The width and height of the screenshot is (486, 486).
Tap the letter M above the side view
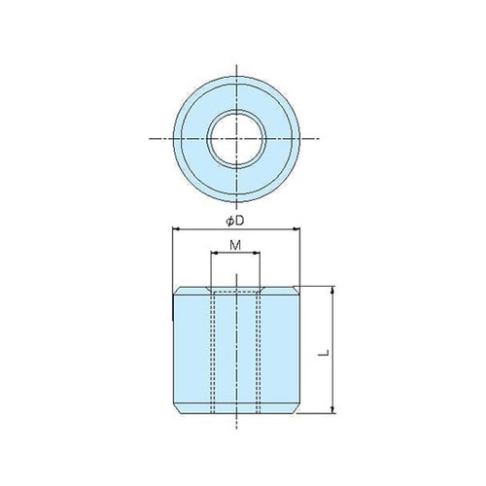tap(235, 246)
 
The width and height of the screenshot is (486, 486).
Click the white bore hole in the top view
tap(234, 140)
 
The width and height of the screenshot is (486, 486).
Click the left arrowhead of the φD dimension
tap(175, 229)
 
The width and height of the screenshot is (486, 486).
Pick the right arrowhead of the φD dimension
tap(295, 229)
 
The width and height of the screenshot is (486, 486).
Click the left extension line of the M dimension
tap(211, 267)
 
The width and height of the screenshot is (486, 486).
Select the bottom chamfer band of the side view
tap(234, 408)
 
